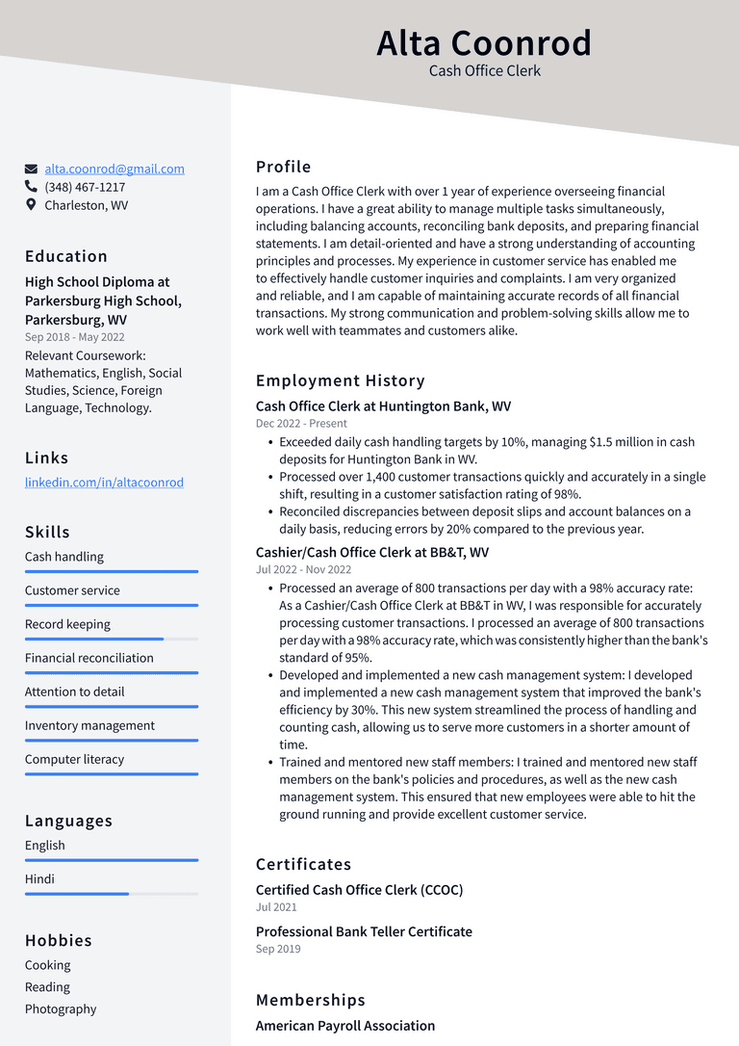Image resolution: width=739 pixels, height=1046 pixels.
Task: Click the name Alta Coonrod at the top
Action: (484, 43)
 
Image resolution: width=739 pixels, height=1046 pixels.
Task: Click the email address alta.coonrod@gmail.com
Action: (115, 169)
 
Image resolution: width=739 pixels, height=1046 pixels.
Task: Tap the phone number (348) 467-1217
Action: (85, 187)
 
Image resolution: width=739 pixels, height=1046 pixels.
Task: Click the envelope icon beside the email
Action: (32, 169)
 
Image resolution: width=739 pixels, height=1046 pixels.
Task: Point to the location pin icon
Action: (32, 205)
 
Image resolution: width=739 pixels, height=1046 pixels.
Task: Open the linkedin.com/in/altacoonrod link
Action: (104, 483)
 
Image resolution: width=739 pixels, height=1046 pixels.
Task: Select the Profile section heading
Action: (283, 167)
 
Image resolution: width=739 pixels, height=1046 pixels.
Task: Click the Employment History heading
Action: (340, 380)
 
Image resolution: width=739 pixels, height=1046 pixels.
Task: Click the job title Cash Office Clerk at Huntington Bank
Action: (383, 406)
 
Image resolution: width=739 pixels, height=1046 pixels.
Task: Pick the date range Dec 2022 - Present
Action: (301, 424)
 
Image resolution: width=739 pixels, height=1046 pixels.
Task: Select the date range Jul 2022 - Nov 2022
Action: (303, 570)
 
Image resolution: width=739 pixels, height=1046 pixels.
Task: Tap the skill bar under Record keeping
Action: (111, 639)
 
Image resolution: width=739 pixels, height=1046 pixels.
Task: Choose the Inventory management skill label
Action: (89, 725)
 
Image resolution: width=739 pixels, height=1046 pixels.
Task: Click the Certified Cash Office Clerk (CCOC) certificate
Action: (359, 890)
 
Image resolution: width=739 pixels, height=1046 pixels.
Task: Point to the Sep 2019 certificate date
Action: (278, 949)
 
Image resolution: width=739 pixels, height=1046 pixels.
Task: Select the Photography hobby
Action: (61, 1008)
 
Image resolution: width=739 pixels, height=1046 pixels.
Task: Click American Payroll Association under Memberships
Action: (345, 1026)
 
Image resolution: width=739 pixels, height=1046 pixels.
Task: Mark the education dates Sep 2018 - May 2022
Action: (74, 337)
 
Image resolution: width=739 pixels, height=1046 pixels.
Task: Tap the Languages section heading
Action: (68, 821)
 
